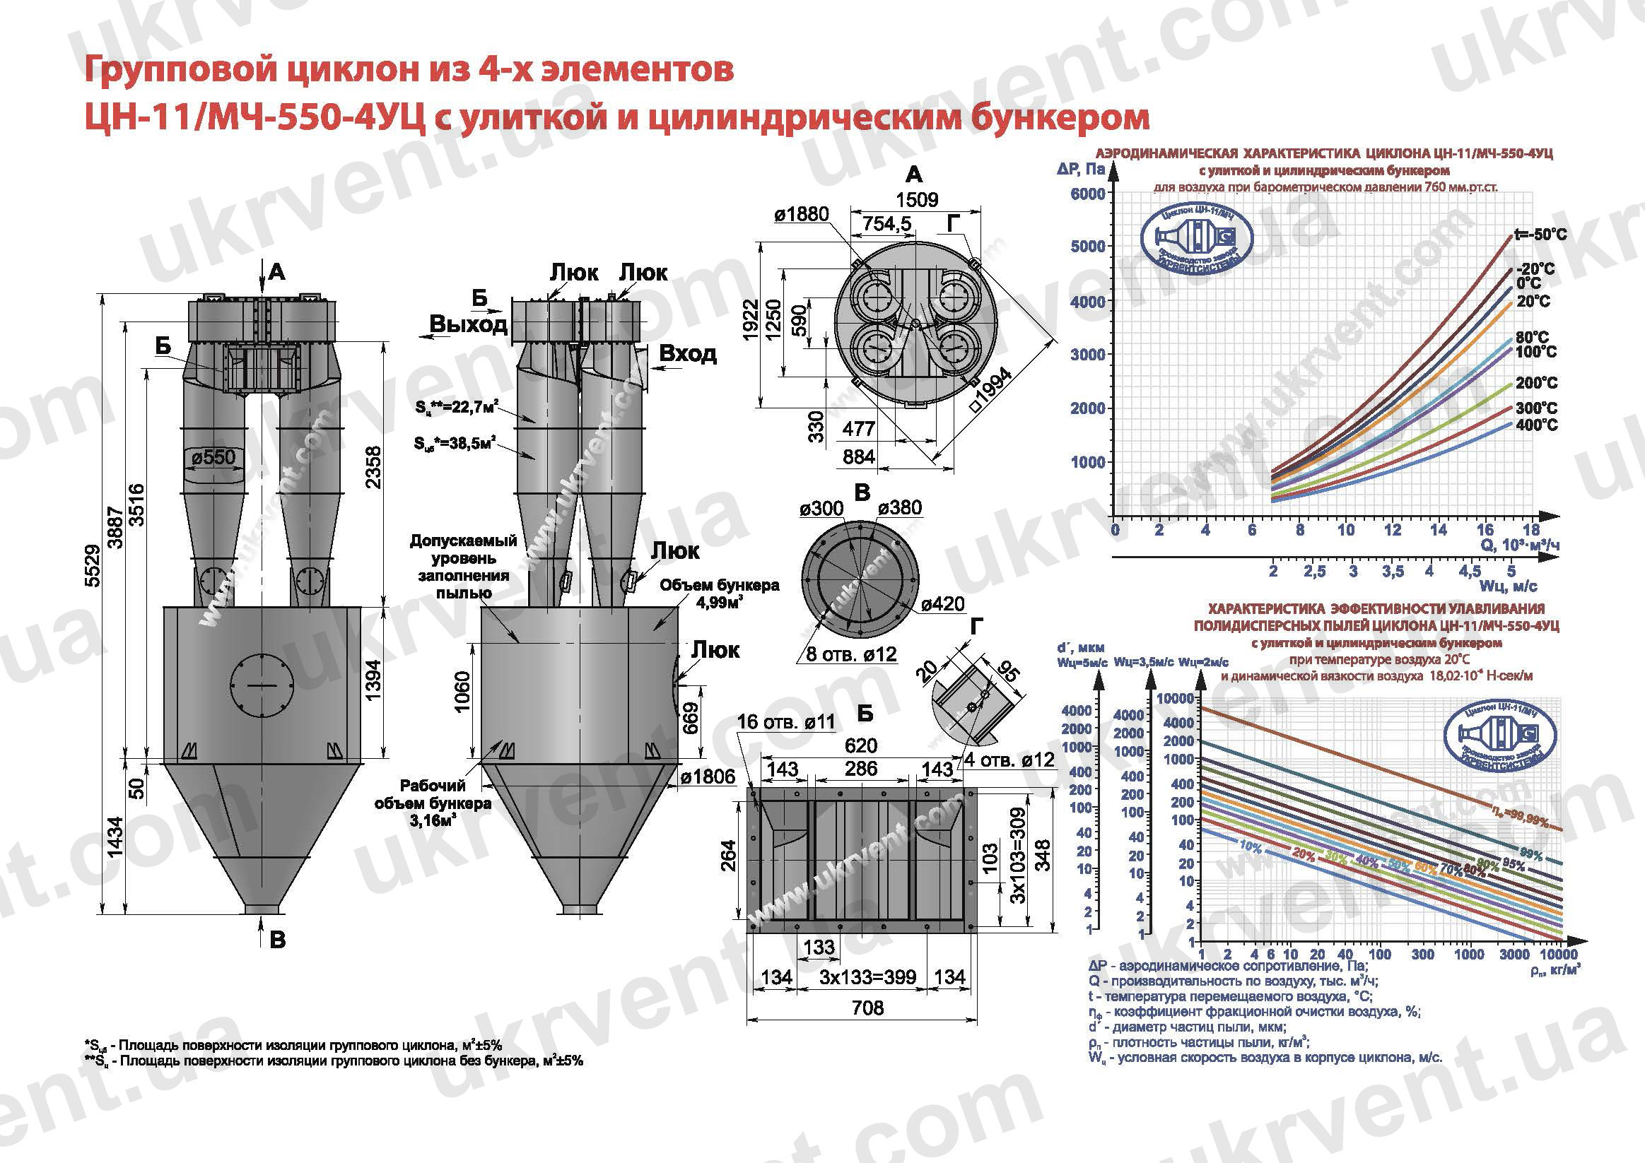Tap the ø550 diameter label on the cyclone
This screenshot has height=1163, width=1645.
(x=213, y=456)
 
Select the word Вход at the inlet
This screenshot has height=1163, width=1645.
(x=687, y=354)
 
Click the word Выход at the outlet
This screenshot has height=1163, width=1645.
(x=468, y=324)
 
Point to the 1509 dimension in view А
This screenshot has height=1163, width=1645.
(x=917, y=199)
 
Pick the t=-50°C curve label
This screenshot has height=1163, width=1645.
(x=1540, y=234)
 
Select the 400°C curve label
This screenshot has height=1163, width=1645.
(x=1537, y=425)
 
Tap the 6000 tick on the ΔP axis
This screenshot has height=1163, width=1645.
(x=1087, y=194)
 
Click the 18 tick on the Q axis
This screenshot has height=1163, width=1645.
(x=1530, y=530)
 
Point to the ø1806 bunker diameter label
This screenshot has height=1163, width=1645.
(x=708, y=777)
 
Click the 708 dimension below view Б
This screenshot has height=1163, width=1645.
(x=867, y=1008)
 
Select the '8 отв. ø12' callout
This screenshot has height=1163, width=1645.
(x=851, y=654)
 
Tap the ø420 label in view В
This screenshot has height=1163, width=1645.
(x=942, y=603)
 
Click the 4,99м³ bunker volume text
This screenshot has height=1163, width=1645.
(x=719, y=602)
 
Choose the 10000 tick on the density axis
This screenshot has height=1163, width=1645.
(x=1557, y=955)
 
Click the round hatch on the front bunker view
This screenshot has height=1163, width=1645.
(x=263, y=686)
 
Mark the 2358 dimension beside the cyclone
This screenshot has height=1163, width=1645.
(x=373, y=467)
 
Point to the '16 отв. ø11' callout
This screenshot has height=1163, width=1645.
(x=786, y=722)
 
